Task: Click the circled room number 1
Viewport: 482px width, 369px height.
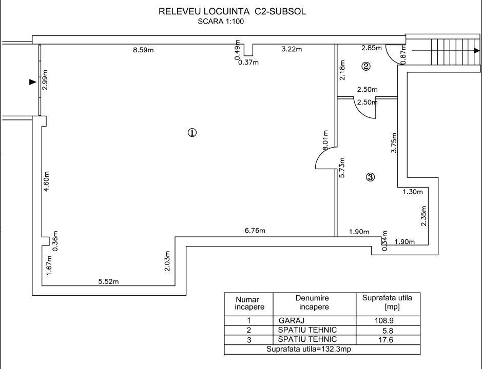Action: pyautogui.click(x=192, y=132)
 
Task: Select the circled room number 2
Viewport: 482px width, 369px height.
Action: pyautogui.click(x=366, y=66)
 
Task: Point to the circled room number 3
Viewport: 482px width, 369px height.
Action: pyautogui.click(x=371, y=177)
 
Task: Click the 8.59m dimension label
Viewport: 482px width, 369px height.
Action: pyautogui.click(x=144, y=50)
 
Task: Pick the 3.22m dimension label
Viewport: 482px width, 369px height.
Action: pyautogui.click(x=291, y=50)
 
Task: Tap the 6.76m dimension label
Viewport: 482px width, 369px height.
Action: pyautogui.click(x=255, y=231)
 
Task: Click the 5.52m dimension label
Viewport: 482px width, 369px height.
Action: pyautogui.click(x=108, y=281)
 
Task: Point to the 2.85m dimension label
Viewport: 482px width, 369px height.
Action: pyautogui.click(x=372, y=48)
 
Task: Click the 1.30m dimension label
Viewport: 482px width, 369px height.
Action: pyautogui.click(x=413, y=192)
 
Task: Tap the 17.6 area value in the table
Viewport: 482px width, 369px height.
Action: pyautogui.click(x=387, y=339)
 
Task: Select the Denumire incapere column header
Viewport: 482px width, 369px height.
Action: pyautogui.click(x=312, y=302)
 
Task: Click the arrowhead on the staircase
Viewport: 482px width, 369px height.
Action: pyautogui.click(x=477, y=50)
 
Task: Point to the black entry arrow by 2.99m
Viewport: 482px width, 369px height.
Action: pyautogui.click(x=32, y=81)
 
